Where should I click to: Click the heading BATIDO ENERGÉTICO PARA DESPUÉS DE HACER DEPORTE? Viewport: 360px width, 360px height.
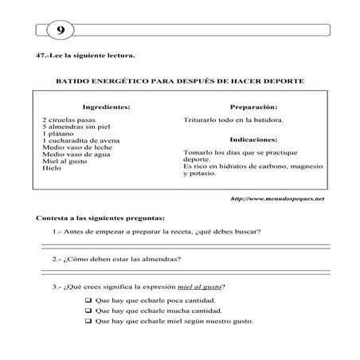(179, 81)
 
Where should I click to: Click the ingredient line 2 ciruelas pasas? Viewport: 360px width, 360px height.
(69, 119)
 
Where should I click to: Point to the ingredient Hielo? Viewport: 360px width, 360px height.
(53, 169)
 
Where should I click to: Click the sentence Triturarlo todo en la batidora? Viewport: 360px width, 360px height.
(233, 120)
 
